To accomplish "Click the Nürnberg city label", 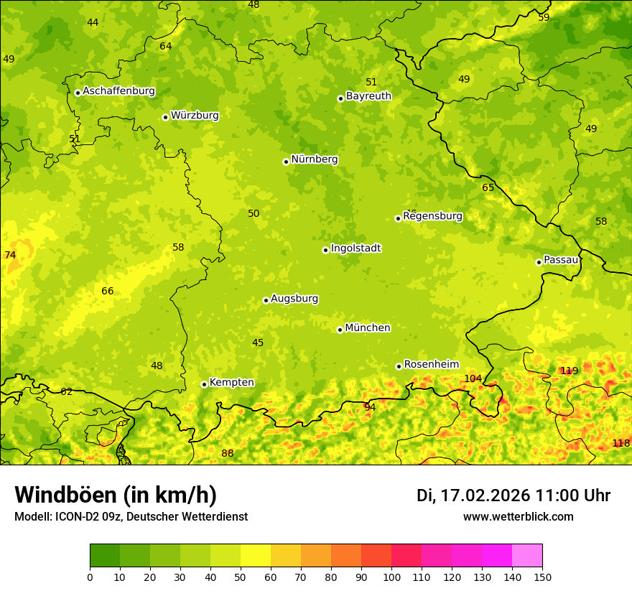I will coord(314,159).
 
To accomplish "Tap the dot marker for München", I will coord(340,330).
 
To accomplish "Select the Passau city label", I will coord(561,260).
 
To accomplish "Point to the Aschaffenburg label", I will coord(118,91).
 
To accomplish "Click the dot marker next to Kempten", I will coord(204,384).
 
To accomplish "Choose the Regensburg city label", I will coord(432,216).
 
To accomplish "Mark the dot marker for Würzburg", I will coord(165,117).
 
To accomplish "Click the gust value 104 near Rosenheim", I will coord(473,378).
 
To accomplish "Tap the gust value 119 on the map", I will coord(569,371).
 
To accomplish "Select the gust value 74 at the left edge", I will coord(10,255).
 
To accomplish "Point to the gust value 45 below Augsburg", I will coord(258,343).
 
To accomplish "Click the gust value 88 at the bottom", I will coord(228,453).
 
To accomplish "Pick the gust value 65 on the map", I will coord(488,187).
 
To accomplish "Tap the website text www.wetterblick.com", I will coord(518,516).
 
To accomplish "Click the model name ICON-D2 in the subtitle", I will coord(74,516).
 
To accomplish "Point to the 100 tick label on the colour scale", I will coord(391,577).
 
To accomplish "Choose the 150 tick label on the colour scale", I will coord(542,577).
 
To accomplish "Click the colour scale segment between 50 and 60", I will coord(256,556).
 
